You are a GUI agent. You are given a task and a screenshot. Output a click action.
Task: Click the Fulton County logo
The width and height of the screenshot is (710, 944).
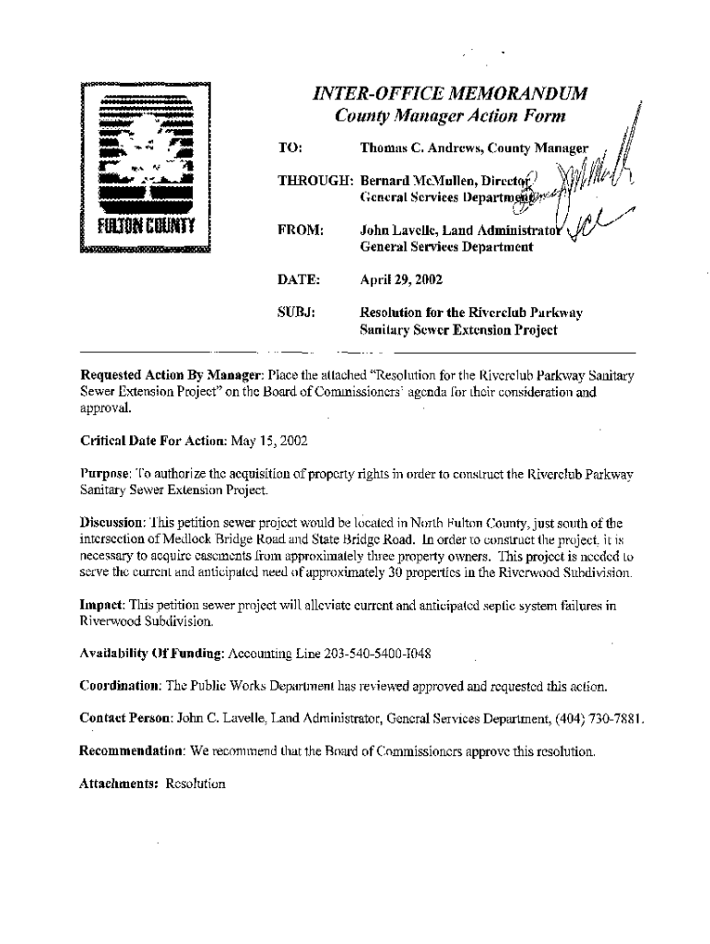[146, 168]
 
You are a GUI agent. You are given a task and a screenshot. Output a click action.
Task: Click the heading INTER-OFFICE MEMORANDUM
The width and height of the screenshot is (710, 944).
[450, 95]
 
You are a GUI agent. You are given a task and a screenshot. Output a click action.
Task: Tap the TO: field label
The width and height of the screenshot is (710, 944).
[290, 148]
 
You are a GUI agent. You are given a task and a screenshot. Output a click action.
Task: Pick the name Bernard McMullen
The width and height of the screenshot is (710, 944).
[417, 180]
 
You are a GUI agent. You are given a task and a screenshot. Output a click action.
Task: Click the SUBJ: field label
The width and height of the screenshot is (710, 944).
[297, 313]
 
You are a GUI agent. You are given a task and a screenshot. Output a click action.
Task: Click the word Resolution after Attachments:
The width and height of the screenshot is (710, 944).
[195, 785]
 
